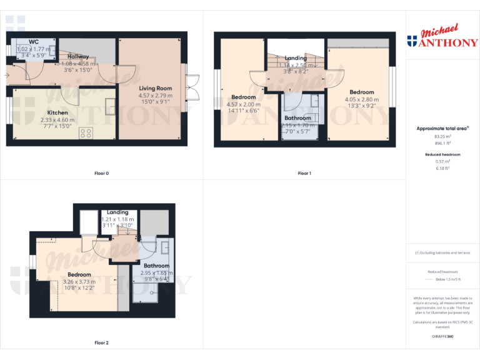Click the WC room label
34,42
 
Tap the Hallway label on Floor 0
78,56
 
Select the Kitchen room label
57,113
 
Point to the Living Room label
155,89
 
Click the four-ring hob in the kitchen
86,133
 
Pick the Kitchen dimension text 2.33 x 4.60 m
57,120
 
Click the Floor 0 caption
101,173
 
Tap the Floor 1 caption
304,173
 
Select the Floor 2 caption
101,342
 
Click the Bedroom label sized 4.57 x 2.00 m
243,97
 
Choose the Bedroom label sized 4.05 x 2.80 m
362,92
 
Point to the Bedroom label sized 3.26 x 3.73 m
79,274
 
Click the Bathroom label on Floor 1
297,118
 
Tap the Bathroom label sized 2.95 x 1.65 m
156,266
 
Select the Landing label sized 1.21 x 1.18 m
117,212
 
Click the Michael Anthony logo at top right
442,37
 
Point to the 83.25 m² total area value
442,136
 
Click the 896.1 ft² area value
442,142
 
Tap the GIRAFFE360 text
442,336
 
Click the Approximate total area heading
442,128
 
